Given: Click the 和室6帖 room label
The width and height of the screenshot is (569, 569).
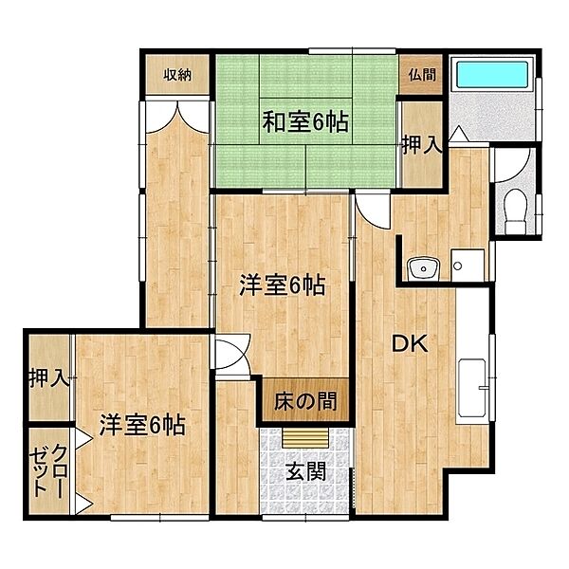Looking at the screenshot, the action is tap(305, 122).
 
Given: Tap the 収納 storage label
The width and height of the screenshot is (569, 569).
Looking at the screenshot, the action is tap(177, 75).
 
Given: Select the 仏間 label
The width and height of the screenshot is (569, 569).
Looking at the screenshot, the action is tap(422, 75).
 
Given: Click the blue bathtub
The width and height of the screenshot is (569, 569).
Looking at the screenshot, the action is tap(492, 75).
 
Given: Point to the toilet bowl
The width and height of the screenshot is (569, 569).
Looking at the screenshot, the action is tap(516, 211).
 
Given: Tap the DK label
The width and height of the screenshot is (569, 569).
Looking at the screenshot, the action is tap(410, 343).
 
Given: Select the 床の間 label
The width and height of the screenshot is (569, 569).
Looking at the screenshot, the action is tap(305, 401).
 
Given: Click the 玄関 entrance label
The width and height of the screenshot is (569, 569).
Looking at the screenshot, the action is tap(306, 472).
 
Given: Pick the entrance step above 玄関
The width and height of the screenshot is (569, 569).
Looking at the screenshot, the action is tap(306, 438).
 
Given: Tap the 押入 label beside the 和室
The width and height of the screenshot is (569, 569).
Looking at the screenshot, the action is tap(422, 145).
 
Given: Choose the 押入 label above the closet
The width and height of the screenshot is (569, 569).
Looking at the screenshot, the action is tap(49, 377).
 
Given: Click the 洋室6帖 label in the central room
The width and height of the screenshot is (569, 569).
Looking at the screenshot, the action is tap(283, 284).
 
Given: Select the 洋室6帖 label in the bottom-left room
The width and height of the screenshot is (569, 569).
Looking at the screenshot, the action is tap(142, 424).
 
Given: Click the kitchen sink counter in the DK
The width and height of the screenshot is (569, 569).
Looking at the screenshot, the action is tap(471, 388).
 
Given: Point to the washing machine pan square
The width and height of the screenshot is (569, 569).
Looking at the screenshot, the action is tap(468, 265).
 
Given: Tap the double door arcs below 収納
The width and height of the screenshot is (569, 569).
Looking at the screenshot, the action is tap(177, 117).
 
